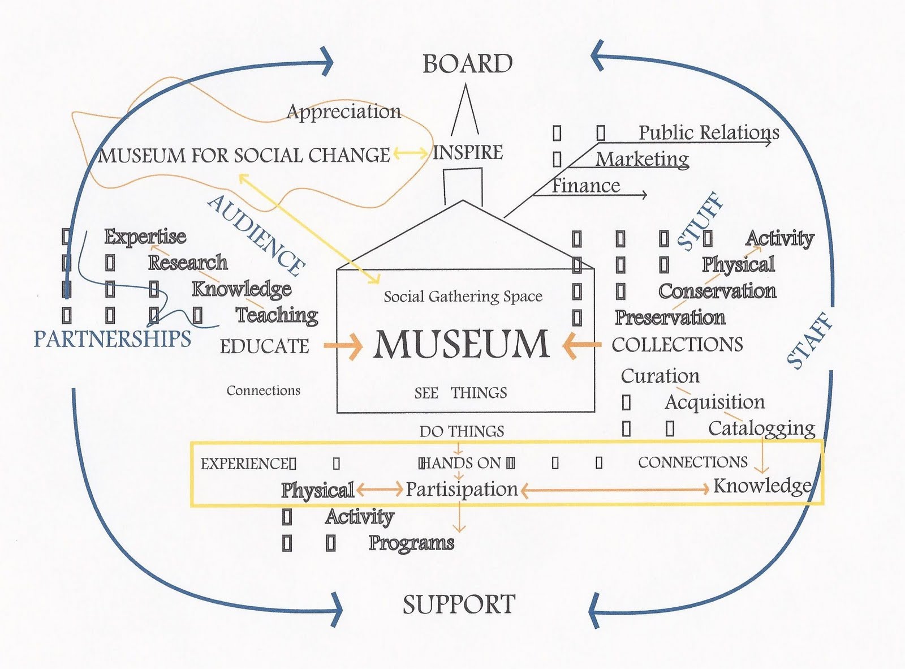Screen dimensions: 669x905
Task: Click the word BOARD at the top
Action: pyautogui.click(x=467, y=64)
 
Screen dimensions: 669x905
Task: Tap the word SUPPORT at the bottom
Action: pyautogui.click(x=459, y=604)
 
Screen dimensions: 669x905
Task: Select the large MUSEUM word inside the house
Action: pyautogui.click(x=461, y=344)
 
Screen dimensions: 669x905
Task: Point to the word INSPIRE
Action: pyautogui.click(x=468, y=153)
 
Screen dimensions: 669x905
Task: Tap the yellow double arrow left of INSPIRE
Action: pyautogui.click(x=411, y=153)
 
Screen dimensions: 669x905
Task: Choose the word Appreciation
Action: pyautogui.click(x=344, y=112)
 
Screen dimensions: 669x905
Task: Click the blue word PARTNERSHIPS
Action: pyautogui.click(x=112, y=339)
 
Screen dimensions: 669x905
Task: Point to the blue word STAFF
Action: pyautogui.click(x=810, y=340)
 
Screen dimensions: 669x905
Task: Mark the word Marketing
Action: pyautogui.click(x=642, y=160)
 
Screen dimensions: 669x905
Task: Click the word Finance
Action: pyautogui.click(x=586, y=186)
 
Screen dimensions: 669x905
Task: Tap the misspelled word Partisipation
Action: pyautogui.click(x=462, y=490)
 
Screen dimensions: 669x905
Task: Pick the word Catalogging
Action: pyautogui.click(x=761, y=428)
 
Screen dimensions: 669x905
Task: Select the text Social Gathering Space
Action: pyautogui.click(x=463, y=297)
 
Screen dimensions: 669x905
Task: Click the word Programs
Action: pyautogui.click(x=411, y=543)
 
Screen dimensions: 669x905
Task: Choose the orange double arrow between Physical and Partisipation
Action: pyautogui.click(x=380, y=489)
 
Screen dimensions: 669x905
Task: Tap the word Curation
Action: pyautogui.click(x=660, y=376)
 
